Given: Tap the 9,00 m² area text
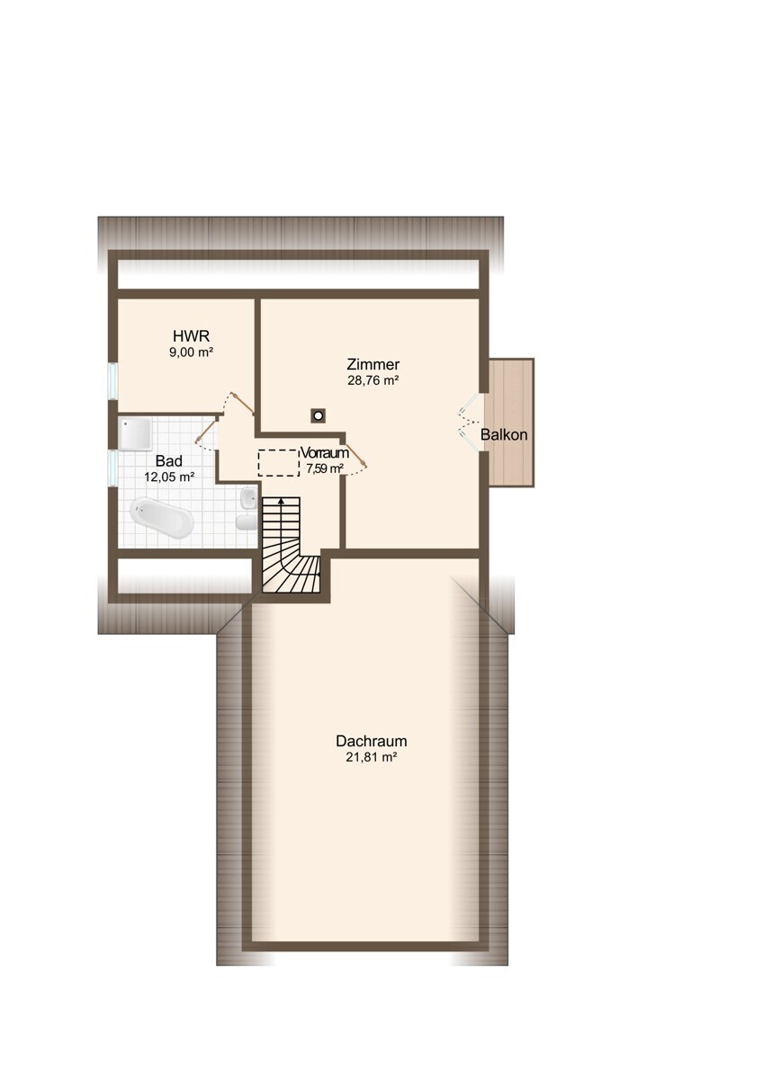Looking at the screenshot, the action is coord(191,352).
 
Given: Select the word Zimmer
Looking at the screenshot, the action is coord(373,364).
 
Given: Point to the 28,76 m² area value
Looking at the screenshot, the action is coord(373,380).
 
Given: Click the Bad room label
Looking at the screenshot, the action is coord(168,461).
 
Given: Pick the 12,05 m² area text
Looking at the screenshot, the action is coord(169,477).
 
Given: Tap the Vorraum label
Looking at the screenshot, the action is coord(325,453).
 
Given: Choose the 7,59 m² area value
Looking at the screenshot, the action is coord(325,468).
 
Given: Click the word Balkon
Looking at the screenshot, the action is coord(504,435).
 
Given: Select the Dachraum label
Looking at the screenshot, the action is coord(371,740).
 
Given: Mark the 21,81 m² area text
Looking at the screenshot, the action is coord(371,757).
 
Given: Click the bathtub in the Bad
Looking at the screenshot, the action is coord(161,518).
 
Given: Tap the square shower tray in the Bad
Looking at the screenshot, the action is coord(136,433).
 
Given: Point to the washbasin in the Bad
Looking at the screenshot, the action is coord(247,496).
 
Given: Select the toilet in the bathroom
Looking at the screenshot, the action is coord(247,522).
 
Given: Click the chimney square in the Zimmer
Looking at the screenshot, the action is coord(318,415).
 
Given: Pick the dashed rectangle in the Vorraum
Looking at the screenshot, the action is coord(278,463).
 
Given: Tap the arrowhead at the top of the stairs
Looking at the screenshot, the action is coord(281,501).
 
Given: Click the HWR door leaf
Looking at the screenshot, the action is coord(242,402).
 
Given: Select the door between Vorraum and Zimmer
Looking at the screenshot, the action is coord(356,454).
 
